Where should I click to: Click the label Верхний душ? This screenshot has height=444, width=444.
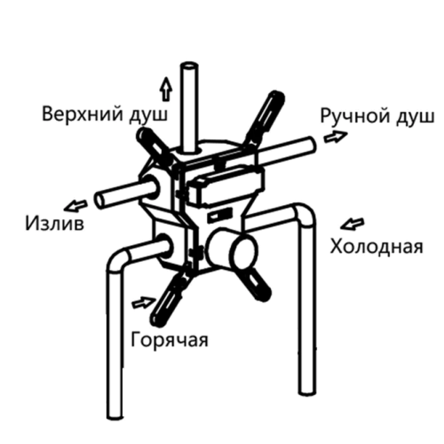point(105,115)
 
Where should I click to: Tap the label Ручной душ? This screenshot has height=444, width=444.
point(377,116)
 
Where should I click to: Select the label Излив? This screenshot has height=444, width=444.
point(55,223)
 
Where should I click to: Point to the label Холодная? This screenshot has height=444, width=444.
point(377,246)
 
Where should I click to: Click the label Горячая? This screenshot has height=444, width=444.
point(170,340)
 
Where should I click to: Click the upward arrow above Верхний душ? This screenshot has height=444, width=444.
point(167,89)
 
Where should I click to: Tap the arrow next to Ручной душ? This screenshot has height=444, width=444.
point(336,136)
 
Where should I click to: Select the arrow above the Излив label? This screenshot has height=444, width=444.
point(75,206)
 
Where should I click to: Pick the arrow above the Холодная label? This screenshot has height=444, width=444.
point(353,224)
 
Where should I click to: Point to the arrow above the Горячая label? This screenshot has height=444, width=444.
point(143,303)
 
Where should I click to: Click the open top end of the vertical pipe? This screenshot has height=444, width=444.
point(189,67)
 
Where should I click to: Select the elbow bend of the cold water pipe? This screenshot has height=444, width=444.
point(304,215)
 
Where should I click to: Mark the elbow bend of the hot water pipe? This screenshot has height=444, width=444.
point(118,259)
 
